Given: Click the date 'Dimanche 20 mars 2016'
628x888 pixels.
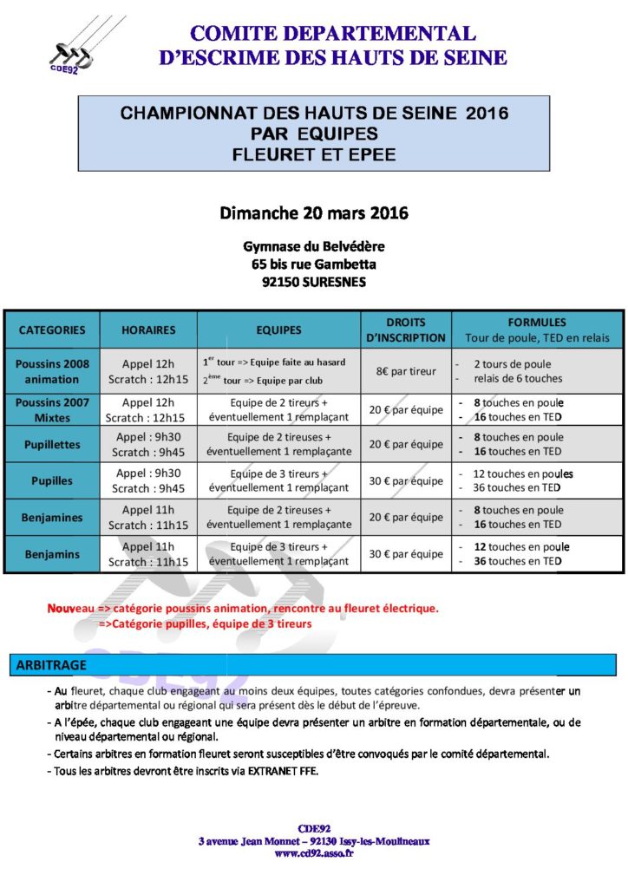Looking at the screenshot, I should click(x=314, y=212).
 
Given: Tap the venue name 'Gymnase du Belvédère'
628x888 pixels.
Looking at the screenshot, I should click(x=314, y=247).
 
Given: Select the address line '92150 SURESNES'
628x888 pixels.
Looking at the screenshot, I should click(x=314, y=282).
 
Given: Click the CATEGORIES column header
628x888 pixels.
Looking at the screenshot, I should click(x=52, y=330).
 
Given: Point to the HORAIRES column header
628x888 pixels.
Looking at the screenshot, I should click(x=148, y=330).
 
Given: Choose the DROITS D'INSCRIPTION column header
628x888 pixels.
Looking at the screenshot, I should click(x=406, y=330).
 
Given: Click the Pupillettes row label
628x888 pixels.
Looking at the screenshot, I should click(x=52, y=444).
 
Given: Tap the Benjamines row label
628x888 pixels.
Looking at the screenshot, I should click(x=52, y=518).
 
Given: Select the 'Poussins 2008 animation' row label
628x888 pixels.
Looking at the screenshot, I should click(x=52, y=371).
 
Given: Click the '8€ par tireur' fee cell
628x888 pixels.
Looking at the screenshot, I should click(x=406, y=371).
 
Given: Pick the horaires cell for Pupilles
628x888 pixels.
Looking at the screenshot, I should click(x=148, y=480).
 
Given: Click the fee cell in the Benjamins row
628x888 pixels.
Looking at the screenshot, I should click(x=406, y=554).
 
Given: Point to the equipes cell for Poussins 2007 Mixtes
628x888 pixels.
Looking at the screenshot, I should click(x=279, y=408).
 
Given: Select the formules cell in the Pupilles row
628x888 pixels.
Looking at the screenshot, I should click(x=523, y=480).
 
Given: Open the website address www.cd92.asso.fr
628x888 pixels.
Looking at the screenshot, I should click(x=313, y=853).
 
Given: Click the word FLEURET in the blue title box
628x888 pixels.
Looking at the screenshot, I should click(x=272, y=155).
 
